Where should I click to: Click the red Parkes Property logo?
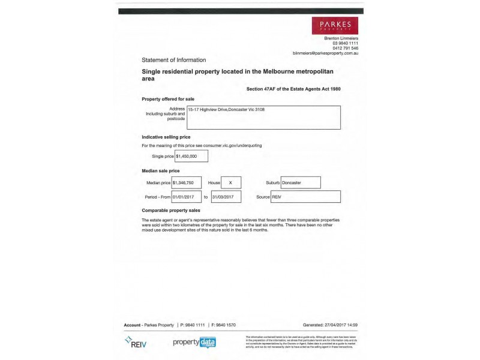click(x=335, y=26)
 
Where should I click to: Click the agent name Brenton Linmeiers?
click(x=341, y=38)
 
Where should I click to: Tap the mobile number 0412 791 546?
click(x=346, y=48)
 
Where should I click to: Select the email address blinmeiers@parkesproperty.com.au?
click(x=325, y=53)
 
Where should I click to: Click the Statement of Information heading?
click(x=173, y=60)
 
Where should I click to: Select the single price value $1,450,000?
click(x=191, y=156)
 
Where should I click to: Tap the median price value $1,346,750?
click(x=186, y=182)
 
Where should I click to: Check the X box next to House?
click(x=230, y=182)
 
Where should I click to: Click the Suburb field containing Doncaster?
click(x=300, y=182)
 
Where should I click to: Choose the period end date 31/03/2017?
click(x=226, y=197)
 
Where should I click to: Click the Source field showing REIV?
click(x=306, y=197)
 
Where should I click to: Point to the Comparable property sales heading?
click(x=170, y=211)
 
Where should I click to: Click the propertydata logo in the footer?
click(x=194, y=343)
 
